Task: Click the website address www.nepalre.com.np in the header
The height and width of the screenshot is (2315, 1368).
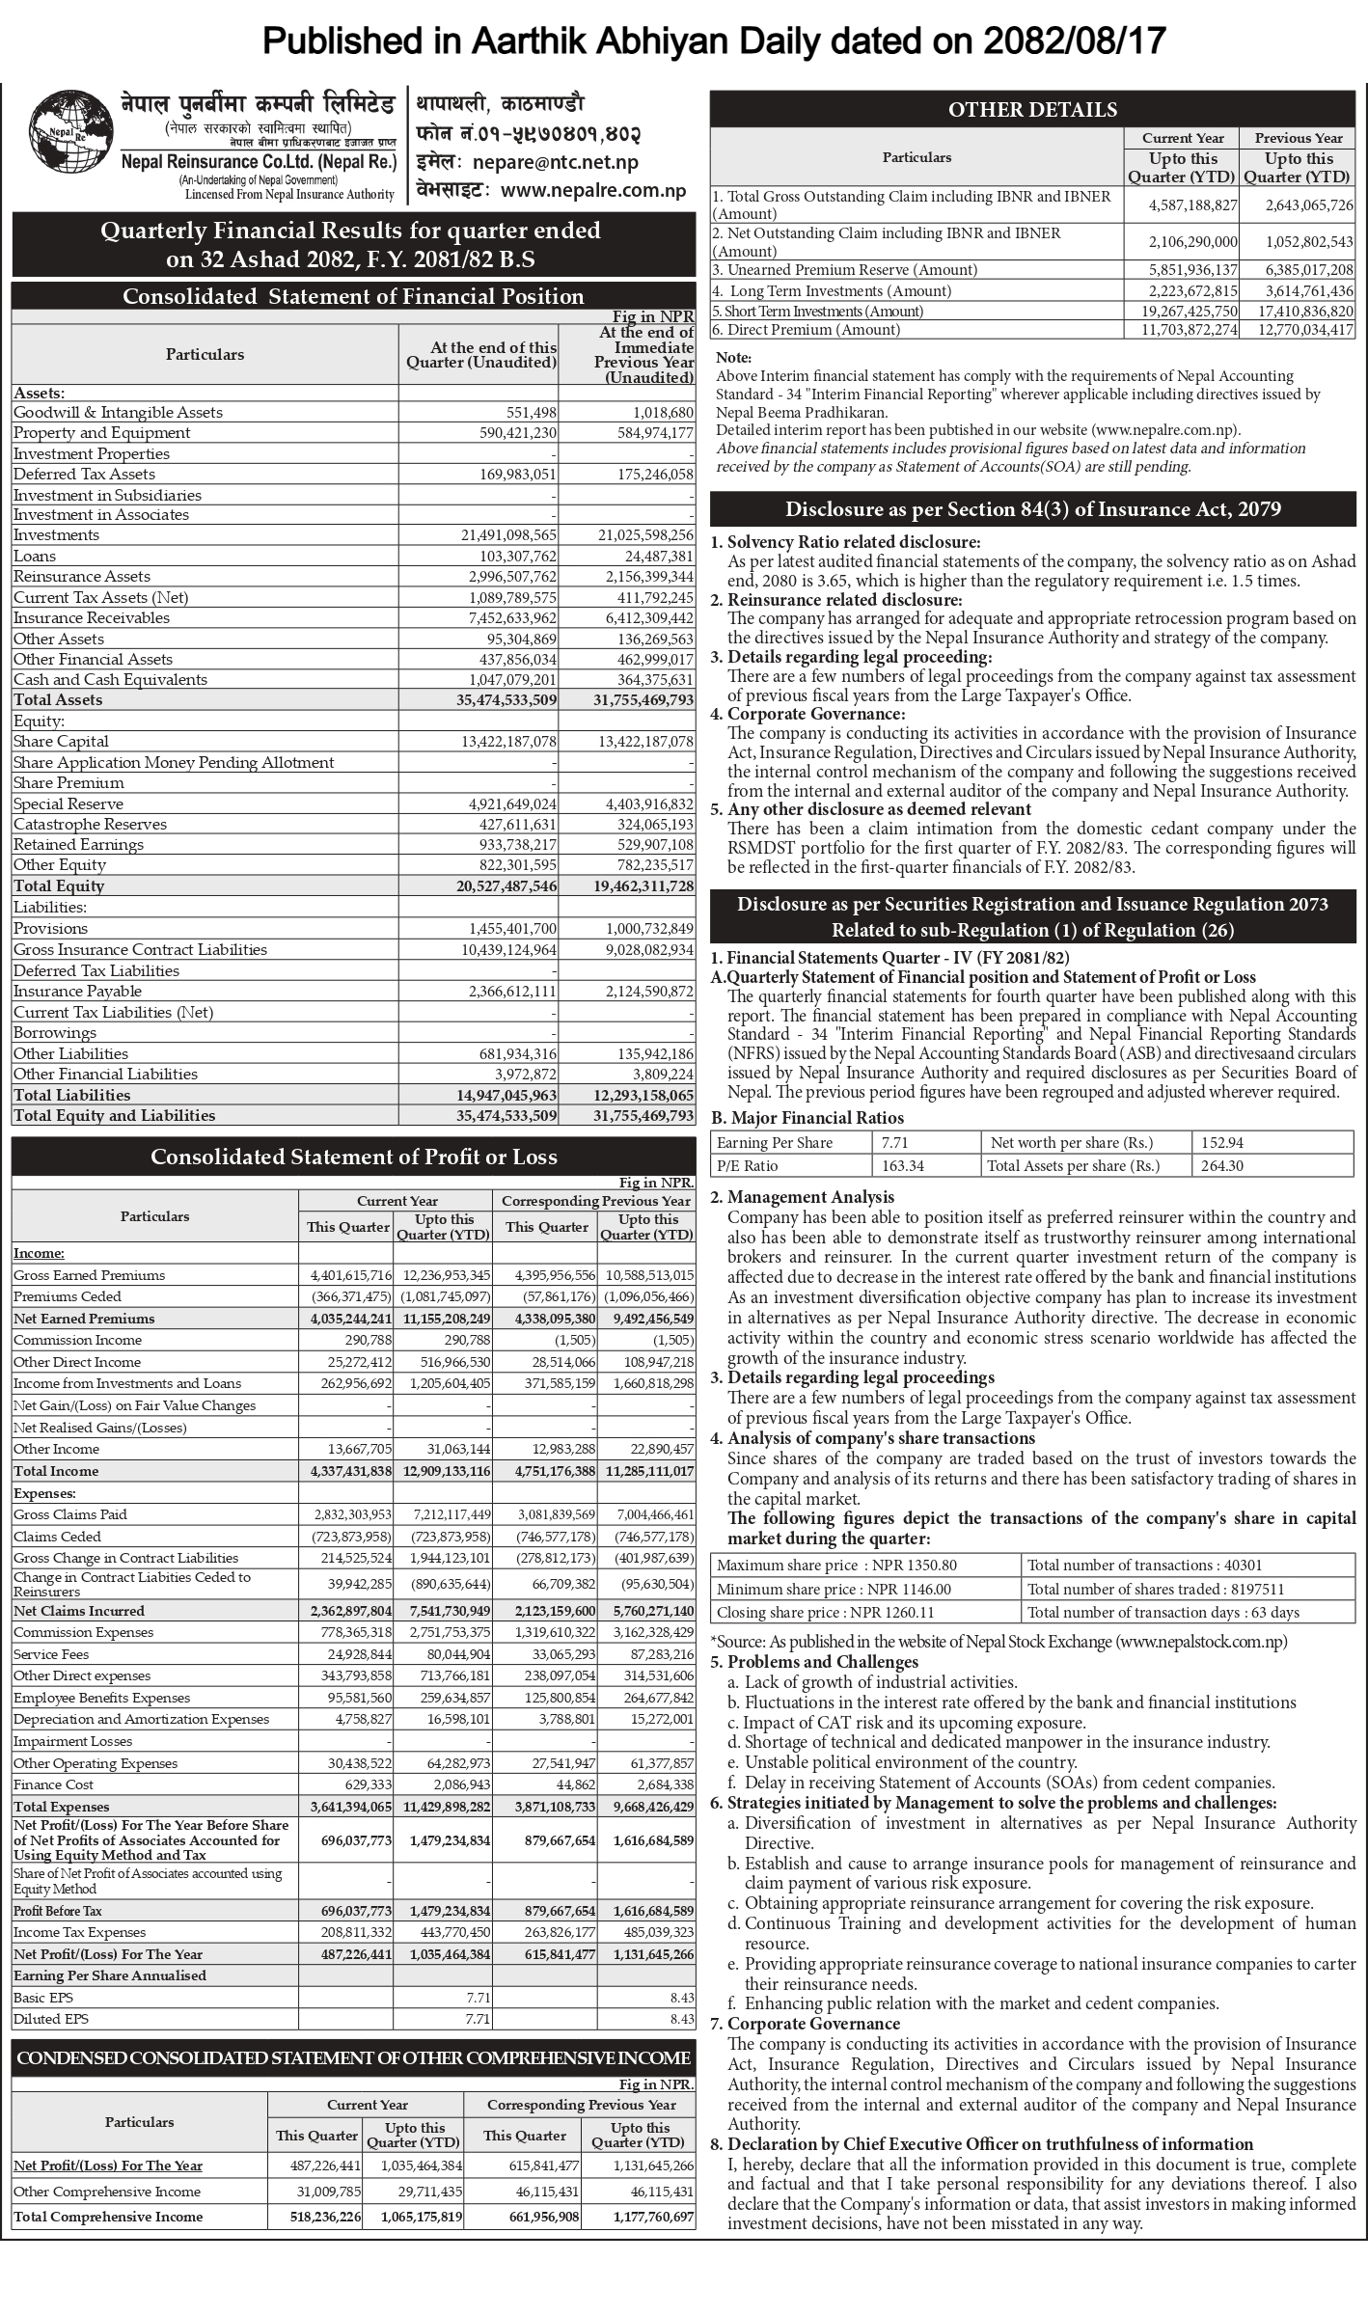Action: coord(593,190)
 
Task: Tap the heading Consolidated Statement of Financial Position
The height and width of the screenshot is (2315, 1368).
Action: coord(353,296)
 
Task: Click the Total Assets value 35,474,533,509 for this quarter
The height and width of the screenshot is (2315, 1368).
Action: coord(506,700)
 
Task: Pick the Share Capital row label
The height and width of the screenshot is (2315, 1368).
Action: coord(61,742)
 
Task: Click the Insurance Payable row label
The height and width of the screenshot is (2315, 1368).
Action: coord(77,992)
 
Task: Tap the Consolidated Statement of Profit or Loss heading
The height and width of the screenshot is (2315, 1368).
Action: coord(353,1157)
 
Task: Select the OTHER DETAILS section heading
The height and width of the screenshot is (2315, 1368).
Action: coord(1032,110)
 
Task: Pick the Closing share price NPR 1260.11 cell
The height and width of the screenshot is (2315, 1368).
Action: coord(825,1612)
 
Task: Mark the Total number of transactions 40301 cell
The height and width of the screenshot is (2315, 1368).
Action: coord(1144,1566)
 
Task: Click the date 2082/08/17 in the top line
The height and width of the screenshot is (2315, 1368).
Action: coord(1076,41)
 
